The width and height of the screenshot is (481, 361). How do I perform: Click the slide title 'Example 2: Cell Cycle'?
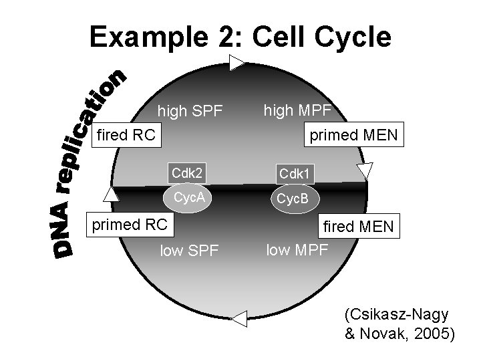(x=240, y=37)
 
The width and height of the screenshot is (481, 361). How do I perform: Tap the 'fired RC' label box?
(x=127, y=136)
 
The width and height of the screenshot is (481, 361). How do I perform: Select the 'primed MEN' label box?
(x=352, y=136)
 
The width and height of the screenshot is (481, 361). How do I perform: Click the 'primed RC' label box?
(x=130, y=225)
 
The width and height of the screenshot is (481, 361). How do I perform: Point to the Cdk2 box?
(x=186, y=172)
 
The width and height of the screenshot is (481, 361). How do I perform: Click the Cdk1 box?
(x=294, y=173)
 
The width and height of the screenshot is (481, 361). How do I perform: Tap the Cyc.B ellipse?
(x=293, y=199)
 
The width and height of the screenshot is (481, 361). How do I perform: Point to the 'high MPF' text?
(x=295, y=109)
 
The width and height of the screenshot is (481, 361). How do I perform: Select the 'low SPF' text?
(x=189, y=251)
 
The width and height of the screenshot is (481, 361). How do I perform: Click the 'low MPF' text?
(x=297, y=251)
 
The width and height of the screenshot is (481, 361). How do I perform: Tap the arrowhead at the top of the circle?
(x=237, y=63)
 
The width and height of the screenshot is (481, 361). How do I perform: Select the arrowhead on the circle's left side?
(x=112, y=194)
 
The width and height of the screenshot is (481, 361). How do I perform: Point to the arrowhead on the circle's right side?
(x=364, y=170)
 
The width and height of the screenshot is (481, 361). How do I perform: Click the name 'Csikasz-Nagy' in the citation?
(x=396, y=315)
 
